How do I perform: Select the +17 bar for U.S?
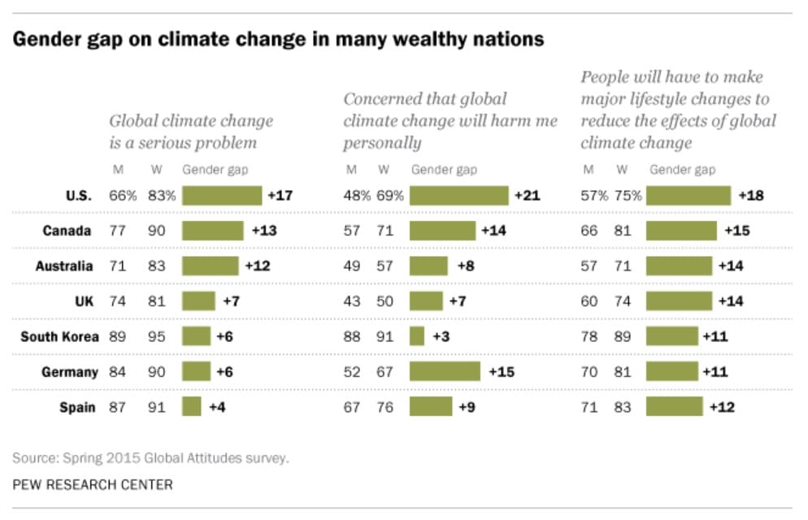(x=222, y=196)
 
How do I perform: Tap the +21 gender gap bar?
(x=458, y=196)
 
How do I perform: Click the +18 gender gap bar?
(x=689, y=196)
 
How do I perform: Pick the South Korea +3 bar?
(x=417, y=336)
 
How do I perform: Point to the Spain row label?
(x=77, y=407)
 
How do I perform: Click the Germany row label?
(x=70, y=372)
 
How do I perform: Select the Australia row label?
(x=64, y=266)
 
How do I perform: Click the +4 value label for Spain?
(x=217, y=407)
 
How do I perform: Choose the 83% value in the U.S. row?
(x=162, y=196)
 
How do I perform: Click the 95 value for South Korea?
(x=156, y=336)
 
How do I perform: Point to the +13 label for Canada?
(x=263, y=231)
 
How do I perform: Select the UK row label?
(x=84, y=301)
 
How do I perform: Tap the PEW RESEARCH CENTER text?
(x=92, y=484)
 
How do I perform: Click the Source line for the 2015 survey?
(x=150, y=457)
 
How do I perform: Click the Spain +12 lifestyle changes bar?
(x=675, y=407)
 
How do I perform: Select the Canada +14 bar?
(x=442, y=231)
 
